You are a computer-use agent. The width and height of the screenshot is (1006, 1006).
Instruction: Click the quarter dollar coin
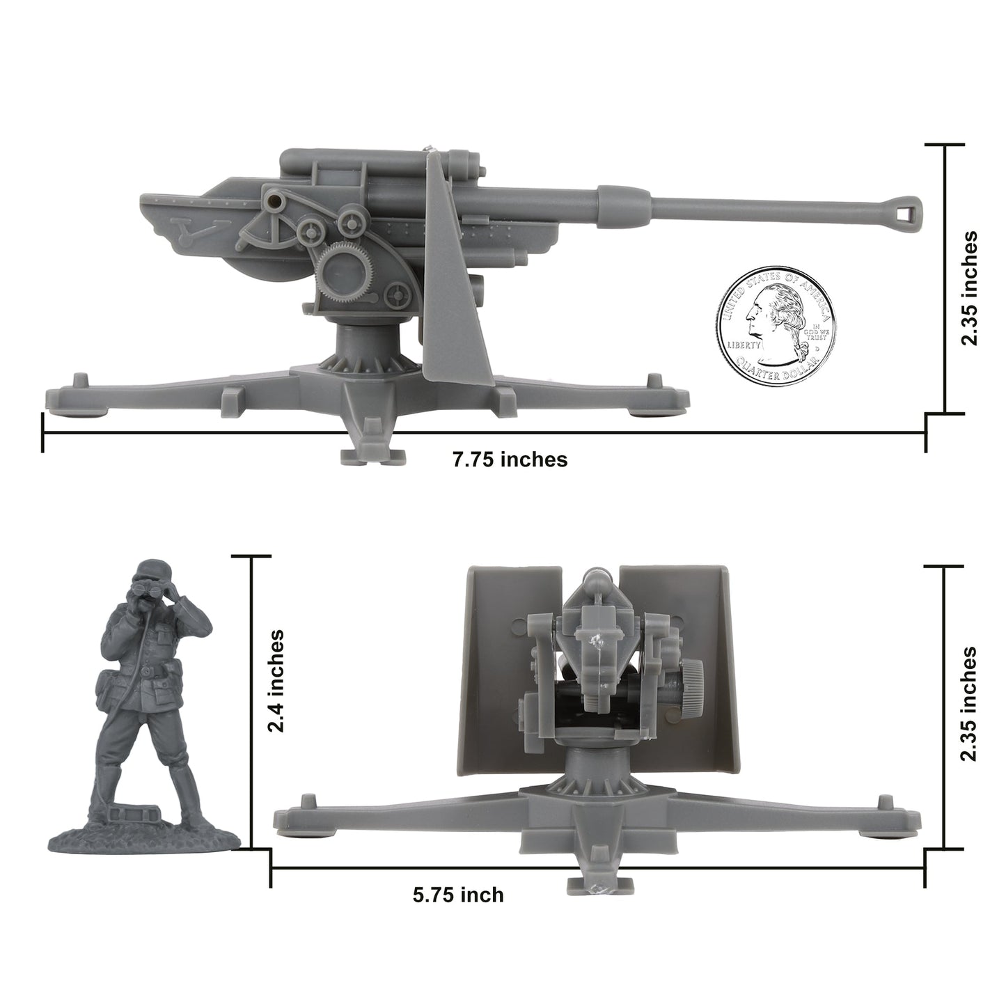[775, 317]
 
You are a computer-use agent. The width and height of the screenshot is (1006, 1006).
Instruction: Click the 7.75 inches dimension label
[510, 459]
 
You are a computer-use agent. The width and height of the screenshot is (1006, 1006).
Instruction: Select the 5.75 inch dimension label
[457, 894]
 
